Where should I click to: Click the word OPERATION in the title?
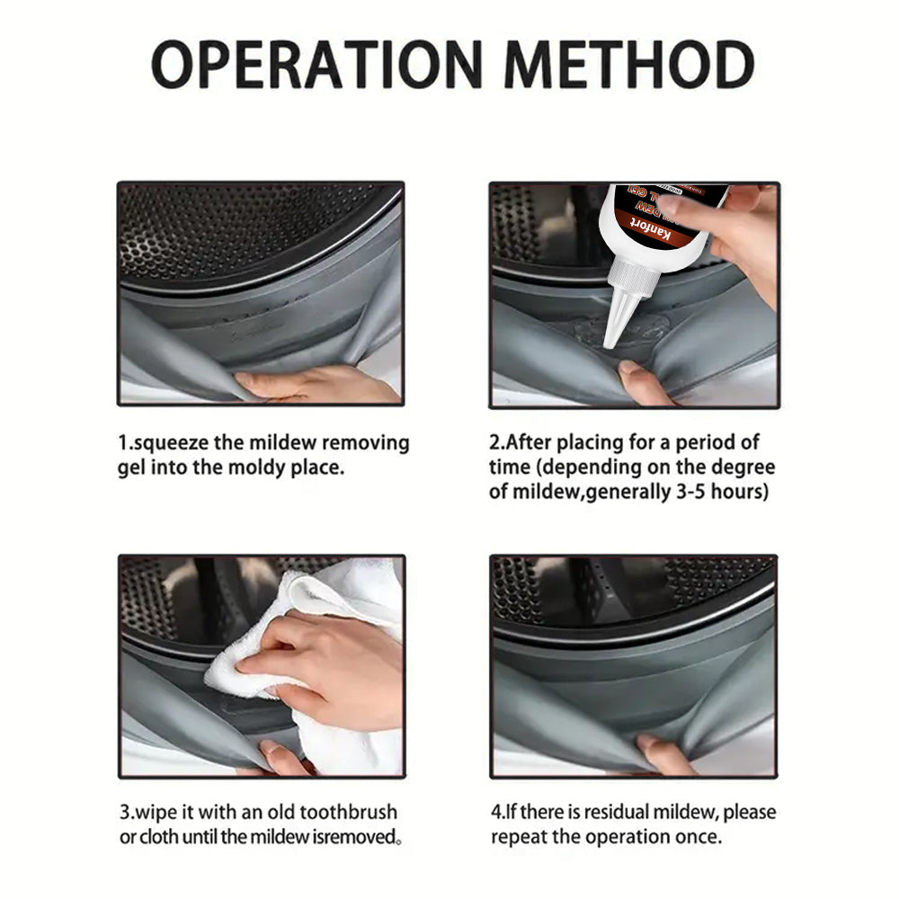[317, 64]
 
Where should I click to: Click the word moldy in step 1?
[255, 467]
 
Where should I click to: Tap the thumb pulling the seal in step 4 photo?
[659, 754]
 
